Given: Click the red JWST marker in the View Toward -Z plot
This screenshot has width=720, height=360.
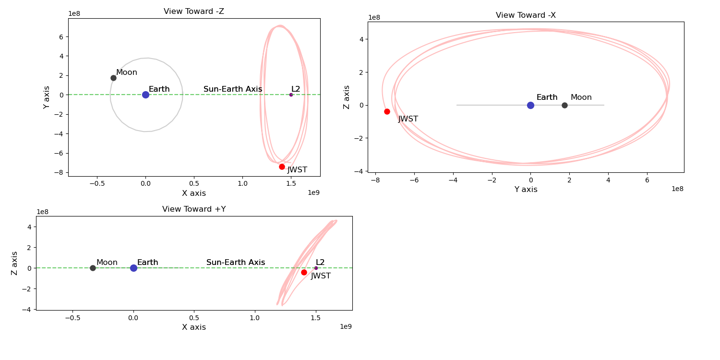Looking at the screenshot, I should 282,167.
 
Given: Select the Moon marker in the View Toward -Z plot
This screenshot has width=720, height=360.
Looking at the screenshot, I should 113,78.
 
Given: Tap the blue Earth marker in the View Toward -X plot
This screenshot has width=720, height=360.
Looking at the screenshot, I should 530,105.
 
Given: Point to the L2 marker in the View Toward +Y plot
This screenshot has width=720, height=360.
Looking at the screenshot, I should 316,268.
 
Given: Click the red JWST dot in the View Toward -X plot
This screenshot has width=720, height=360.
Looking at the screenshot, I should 387,111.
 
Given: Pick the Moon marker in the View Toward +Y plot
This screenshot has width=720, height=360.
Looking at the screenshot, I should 93,268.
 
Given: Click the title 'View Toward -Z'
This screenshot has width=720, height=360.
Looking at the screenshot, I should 194,12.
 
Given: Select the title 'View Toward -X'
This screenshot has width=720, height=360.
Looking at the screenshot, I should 526,15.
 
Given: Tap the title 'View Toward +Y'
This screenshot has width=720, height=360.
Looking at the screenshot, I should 194,209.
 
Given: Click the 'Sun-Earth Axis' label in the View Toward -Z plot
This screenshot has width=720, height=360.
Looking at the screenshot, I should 233,89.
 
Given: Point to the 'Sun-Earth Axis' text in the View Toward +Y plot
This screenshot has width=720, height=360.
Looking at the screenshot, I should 236,263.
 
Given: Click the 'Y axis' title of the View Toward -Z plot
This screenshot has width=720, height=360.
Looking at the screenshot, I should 47,97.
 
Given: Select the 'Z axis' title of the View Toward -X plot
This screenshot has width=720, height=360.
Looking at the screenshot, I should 347,97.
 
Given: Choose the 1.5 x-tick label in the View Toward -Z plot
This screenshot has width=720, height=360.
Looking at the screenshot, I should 291,183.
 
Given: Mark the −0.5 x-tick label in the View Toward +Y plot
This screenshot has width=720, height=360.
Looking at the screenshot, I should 72,317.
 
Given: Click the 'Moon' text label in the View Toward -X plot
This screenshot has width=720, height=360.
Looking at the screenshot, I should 581,97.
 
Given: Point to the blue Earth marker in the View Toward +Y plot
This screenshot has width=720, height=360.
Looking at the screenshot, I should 133,268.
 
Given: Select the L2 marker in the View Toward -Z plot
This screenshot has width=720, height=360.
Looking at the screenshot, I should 291,95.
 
